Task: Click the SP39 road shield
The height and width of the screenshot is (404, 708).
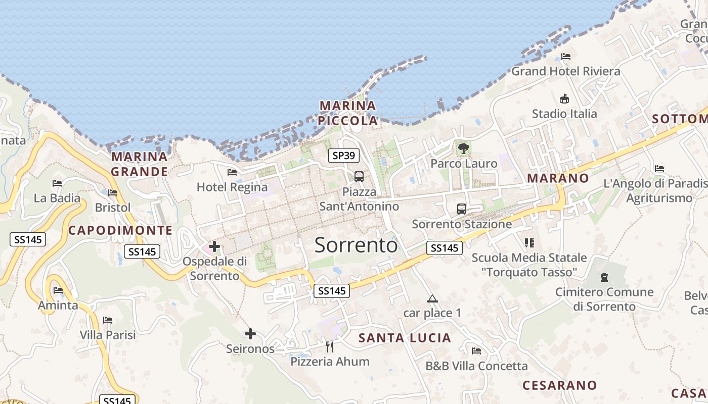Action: point(344,156)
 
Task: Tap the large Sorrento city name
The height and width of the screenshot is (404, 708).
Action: point(356,245)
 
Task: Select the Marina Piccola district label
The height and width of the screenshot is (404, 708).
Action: point(348,113)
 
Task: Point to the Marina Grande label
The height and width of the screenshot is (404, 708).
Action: point(140,164)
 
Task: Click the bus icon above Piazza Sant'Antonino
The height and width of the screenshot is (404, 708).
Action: point(359,177)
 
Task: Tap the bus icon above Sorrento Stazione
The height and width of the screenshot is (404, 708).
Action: point(462,209)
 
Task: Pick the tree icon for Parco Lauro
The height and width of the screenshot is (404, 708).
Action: point(463,148)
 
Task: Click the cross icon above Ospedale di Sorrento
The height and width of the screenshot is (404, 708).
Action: point(214,246)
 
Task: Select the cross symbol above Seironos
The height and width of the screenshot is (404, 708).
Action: point(250,334)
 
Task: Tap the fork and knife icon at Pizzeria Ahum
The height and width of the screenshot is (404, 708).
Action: point(330,346)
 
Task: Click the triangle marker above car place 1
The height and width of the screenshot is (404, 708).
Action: point(432,298)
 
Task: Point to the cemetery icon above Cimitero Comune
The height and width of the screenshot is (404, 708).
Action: point(604,277)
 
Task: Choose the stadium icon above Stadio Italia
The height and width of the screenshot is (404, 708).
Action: point(564,98)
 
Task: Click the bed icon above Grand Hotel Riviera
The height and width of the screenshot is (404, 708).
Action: point(566,56)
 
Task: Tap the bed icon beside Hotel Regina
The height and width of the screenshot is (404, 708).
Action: point(232,172)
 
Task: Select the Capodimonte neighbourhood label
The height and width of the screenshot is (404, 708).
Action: point(120,231)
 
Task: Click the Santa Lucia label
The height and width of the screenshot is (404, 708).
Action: point(405,338)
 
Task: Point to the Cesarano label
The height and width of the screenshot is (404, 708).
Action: point(559,385)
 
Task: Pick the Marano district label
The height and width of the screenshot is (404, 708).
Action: point(558,178)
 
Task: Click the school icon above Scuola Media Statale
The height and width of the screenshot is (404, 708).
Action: point(529,243)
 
